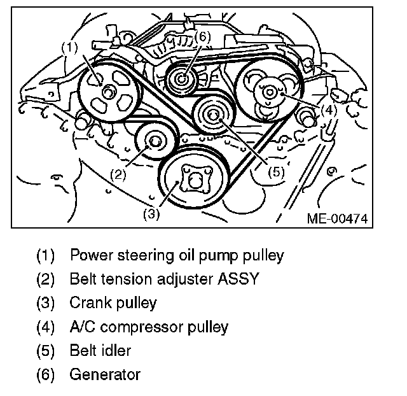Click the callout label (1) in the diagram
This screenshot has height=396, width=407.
pyautogui.click(x=69, y=46)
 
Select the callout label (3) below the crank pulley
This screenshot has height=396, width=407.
pyautogui.click(x=151, y=214)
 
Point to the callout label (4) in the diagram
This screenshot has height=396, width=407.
pyautogui.click(x=328, y=110)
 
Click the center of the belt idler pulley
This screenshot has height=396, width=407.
pyautogui.click(x=213, y=115)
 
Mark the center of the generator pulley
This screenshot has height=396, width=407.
pyautogui.click(x=183, y=79)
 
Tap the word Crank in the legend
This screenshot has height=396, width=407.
pyautogui.click(x=87, y=303)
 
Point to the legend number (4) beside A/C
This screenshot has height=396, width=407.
pyautogui.click(x=46, y=327)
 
